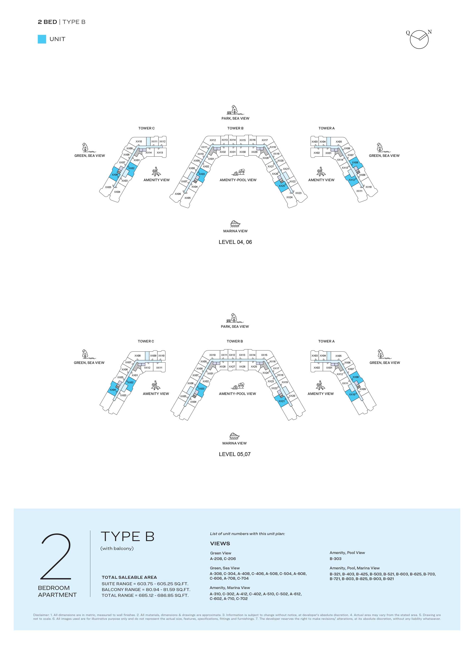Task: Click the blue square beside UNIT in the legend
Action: pos(42,39)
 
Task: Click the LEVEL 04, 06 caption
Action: pos(235,242)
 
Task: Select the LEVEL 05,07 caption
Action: pos(235,454)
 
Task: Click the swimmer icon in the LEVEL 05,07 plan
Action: pos(238,386)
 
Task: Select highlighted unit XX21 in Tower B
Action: pos(281,401)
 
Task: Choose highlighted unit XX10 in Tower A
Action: pos(352,395)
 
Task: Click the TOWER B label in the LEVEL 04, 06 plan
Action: pos(235,128)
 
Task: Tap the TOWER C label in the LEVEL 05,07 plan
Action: pos(146,341)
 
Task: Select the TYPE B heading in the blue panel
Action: pos(128,536)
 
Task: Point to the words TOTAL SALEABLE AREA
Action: pos(129,577)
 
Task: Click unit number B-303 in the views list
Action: pos(335,559)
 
